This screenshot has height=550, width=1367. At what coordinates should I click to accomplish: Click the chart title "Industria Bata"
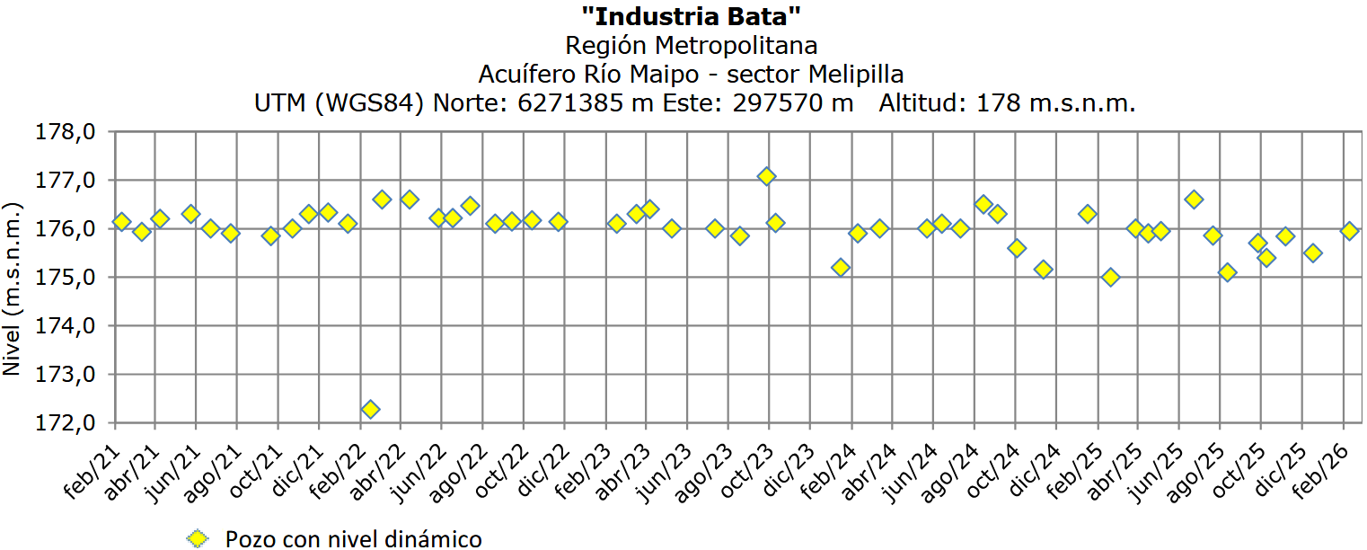coord(691,15)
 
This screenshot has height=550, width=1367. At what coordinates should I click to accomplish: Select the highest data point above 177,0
coord(766,176)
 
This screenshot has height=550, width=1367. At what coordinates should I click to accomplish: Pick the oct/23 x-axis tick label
coord(748,468)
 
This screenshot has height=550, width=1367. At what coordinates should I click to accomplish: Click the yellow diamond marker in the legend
coord(197,538)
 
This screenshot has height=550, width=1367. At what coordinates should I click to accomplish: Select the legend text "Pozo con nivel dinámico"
coord(353,538)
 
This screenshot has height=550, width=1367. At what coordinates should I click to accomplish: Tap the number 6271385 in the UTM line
coord(569,103)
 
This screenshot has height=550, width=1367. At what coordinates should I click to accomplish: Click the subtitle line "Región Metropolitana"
coord(691,45)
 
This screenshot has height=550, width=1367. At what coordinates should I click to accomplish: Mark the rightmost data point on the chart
coord(1349,231)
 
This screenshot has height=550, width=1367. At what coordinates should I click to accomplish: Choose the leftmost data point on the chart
coord(121,221)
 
